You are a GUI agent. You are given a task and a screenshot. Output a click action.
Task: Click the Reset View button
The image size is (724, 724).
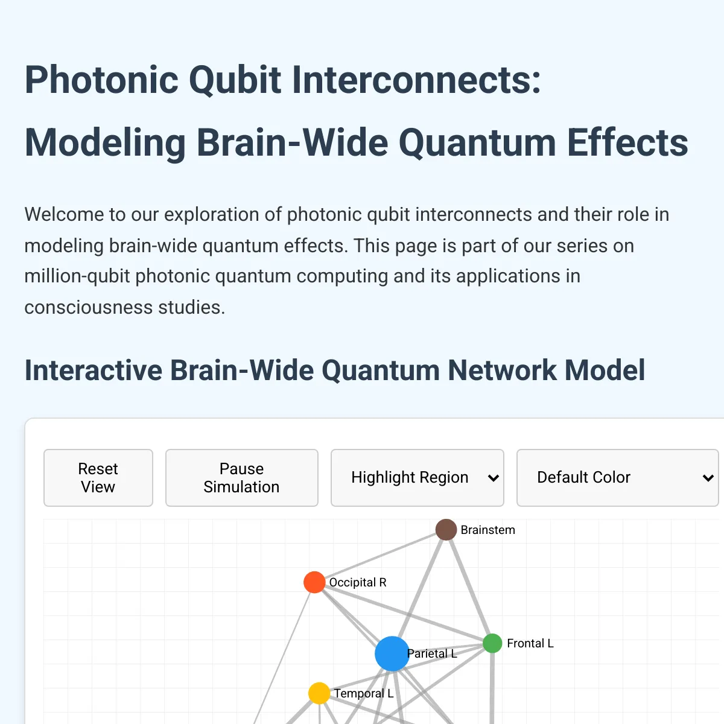(x=98, y=478)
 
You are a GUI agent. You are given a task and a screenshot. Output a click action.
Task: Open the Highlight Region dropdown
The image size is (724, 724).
(x=417, y=478)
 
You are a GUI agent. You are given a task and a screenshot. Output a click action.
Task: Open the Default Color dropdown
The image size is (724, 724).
(x=617, y=478)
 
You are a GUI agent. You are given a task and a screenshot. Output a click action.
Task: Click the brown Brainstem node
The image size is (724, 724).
(x=446, y=530)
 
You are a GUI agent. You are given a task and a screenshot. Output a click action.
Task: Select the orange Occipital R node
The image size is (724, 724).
(x=314, y=582)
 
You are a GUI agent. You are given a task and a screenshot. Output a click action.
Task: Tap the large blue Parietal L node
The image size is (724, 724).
(x=392, y=653)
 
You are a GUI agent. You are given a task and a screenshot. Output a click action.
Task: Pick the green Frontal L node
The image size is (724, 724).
(x=492, y=643)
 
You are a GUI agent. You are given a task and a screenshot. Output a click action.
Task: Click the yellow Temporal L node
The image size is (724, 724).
(x=319, y=693)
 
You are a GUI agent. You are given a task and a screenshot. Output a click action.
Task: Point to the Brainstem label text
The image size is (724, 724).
(x=487, y=530)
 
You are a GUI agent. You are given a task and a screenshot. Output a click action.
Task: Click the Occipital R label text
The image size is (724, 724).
(x=358, y=582)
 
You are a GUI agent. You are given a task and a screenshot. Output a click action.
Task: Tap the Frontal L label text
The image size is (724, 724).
(x=530, y=643)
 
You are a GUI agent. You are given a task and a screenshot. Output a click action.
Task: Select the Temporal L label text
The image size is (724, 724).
(x=363, y=693)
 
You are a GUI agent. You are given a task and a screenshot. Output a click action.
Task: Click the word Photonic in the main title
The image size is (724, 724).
(x=101, y=80)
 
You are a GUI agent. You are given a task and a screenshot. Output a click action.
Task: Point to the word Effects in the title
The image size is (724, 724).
(x=627, y=143)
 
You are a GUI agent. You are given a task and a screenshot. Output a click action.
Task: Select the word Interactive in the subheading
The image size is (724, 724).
(x=94, y=370)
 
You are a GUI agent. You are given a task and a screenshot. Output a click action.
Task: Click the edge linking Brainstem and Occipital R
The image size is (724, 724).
(x=380, y=556)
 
